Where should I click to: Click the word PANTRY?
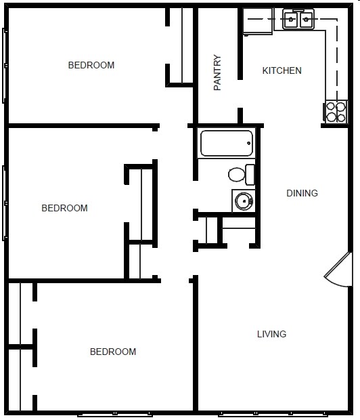coord(217,72)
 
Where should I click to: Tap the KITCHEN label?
coord(282,70)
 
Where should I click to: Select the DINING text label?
coord(302,193)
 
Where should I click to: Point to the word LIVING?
coord(271,334)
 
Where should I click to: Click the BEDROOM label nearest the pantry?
coord(91,66)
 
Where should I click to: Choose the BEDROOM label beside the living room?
coord(113,352)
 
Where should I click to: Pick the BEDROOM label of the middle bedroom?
coord(65,208)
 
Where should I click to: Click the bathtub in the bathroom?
coord(226,143)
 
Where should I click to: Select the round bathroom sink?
coord(242,201)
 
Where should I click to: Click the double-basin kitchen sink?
coord(298,20)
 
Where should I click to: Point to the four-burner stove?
coord(336,111)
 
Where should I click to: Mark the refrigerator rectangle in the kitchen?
coord(258,21)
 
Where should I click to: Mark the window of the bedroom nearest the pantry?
coord(5,66)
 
